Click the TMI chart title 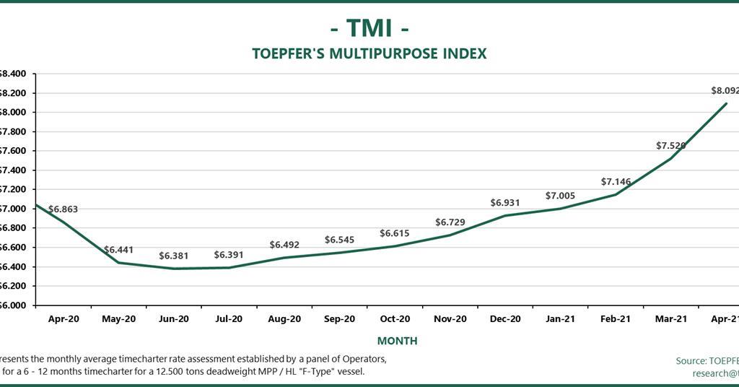point(369,27)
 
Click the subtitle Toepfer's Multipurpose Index point(369,53)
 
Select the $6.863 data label point(63,209)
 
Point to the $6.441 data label point(119,250)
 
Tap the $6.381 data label point(174,256)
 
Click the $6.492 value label point(284,245)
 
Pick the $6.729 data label point(450,222)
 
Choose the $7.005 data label point(561,196)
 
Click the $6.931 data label point(505,203)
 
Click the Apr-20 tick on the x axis point(64,318)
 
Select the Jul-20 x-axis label point(229,318)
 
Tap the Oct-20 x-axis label point(395,318)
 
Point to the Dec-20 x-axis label point(505,318)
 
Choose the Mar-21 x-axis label point(671,318)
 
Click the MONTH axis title point(397,341)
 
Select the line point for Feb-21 point(616,194)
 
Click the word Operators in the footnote point(364,359)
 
